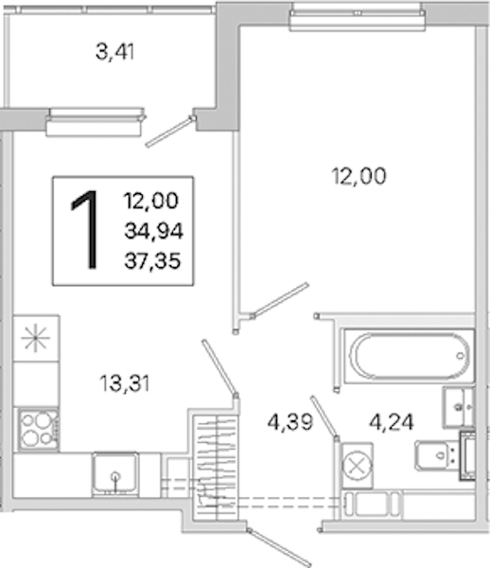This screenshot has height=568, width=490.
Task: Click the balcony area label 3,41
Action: coord(115,51)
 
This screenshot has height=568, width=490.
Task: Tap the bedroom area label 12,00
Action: coord(359,176)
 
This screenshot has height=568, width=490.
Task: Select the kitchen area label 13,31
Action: coord(125,383)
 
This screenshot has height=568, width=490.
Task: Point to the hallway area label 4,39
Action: coord(290,422)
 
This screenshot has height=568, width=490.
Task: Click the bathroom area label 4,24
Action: coord(392,422)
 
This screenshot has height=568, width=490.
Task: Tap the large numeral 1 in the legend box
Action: coord(86,230)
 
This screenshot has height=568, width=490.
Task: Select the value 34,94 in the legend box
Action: coord(154,231)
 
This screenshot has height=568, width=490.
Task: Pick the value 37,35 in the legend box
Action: coord(152,261)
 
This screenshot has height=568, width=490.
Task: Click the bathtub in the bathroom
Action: coord(409,356)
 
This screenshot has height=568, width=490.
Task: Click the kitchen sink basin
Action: coord(115,474)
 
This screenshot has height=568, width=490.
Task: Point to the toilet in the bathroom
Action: coord(445,455)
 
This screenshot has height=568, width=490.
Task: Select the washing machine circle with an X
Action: coord(357,465)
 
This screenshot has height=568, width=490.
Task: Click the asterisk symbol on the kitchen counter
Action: coord(35,338)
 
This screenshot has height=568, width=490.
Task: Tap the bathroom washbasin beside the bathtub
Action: coord(458,407)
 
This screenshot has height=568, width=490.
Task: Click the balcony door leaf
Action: coord(170,132)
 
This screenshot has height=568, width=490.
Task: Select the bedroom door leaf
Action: coord(279,300)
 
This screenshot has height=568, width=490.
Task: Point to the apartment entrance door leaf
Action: coord(279,547)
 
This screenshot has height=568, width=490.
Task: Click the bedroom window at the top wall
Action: coord(358,17)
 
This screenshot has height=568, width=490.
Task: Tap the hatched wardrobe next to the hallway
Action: coord(215,468)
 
